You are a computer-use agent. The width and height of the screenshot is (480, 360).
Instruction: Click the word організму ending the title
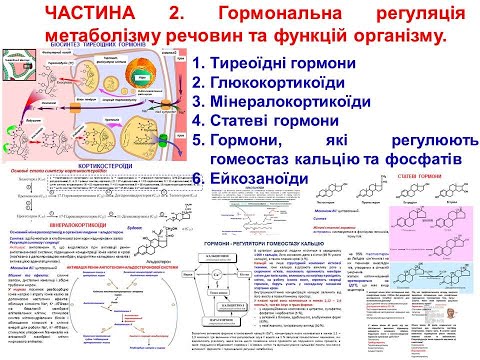(x=389, y=36)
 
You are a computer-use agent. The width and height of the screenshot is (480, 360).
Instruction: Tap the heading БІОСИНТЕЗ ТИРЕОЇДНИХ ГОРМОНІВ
(x=110, y=49)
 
